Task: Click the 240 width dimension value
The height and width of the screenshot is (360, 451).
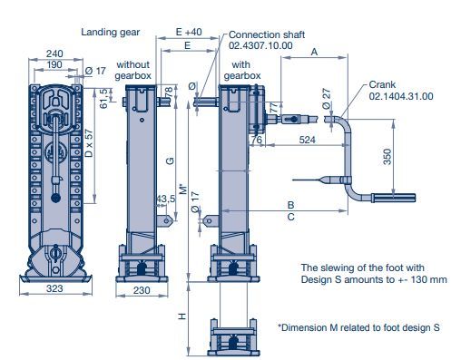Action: pyautogui.click(x=54, y=54)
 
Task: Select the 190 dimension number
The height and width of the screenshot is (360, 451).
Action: pyautogui.click(x=54, y=64)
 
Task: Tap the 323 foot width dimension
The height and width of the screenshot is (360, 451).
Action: pyautogui.click(x=54, y=288)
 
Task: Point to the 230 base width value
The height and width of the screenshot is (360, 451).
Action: pyautogui.click(x=142, y=290)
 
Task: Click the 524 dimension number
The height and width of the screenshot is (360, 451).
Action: pyautogui.click(x=307, y=140)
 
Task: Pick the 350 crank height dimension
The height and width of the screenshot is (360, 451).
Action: pyautogui.click(x=387, y=157)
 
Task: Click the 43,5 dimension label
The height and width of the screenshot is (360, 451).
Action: pyautogui.click(x=166, y=199)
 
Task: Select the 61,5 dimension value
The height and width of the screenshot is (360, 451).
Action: pyautogui.click(x=103, y=98)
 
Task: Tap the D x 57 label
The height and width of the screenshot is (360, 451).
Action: pyautogui.click(x=89, y=143)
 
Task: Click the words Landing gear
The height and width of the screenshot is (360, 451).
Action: pyautogui.click(x=111, y=32)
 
